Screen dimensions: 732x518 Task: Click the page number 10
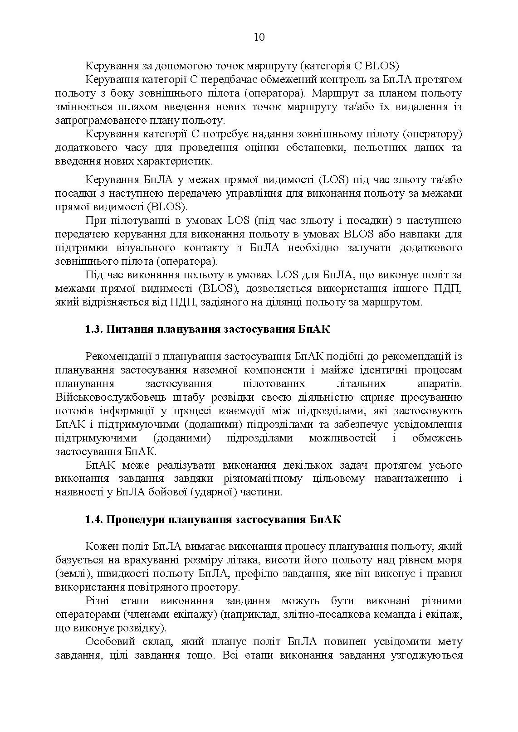[259, 37]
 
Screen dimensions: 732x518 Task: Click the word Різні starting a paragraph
[97, 601]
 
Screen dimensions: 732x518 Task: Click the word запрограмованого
[99, 121]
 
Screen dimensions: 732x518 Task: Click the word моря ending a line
[450, 560]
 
